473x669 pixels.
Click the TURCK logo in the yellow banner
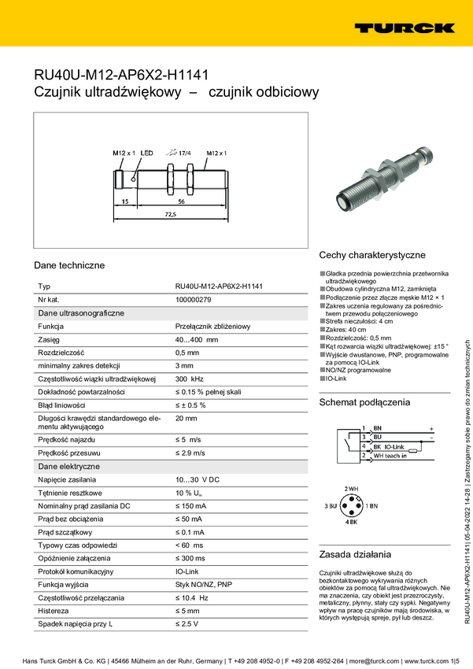(x=404, y=28)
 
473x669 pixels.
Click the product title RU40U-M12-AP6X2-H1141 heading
(x=120, y=76)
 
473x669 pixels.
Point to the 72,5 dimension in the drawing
(x=170, y=213)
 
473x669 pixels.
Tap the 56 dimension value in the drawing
(x=181, y=201)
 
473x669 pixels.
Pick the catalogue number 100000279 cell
(x=193, y=300)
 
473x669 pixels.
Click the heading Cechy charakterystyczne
(x=371, y=255)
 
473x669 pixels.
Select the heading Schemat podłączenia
(x=364, y=402)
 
